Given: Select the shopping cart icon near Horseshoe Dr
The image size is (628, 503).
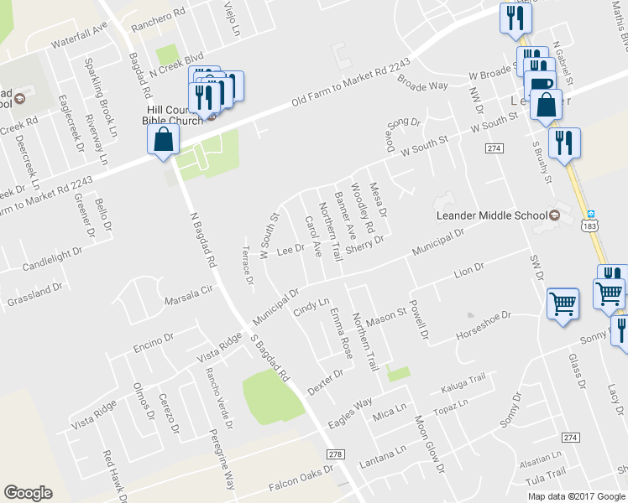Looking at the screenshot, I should pos(563,303).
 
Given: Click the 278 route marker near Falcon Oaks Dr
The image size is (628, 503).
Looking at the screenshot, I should pos(337,454).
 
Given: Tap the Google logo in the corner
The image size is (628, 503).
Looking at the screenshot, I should pos(28,493).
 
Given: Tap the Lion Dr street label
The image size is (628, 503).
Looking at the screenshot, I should pos(469,270).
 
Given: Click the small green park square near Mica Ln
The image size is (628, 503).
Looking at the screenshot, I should pos(399,374).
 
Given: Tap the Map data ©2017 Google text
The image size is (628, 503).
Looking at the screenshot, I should pos(577,495).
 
